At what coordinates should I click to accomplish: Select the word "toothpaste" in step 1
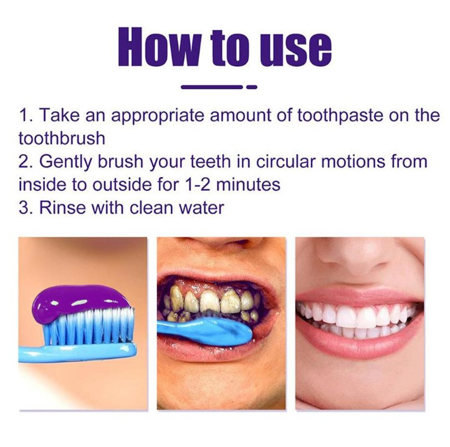tap(340, 115)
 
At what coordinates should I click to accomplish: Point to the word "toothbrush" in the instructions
tap(62, 138)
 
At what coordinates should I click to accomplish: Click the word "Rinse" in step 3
tap(62, 207)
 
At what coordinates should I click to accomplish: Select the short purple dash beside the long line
tap(252, 87)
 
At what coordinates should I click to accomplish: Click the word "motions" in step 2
tap(353, 161)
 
